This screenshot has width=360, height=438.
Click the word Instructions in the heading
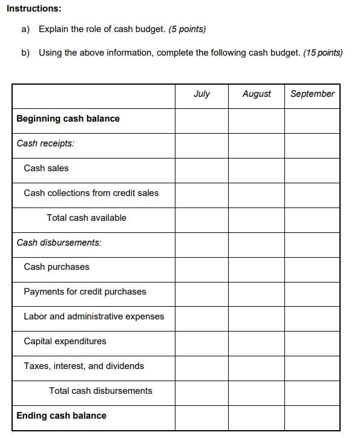point(34,8)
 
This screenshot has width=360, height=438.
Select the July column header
point(201,94)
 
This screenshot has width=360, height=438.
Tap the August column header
point(257,94)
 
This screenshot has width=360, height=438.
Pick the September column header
point(312,94)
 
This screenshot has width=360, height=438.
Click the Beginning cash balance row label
point(68,119)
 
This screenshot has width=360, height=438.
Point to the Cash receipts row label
point(45,143)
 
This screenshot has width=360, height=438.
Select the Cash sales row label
point(46,168)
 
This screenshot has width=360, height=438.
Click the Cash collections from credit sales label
point(91,193)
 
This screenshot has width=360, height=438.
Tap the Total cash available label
point(87,218)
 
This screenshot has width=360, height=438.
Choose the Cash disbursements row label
point(59,243)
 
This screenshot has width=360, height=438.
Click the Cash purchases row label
point(56,267)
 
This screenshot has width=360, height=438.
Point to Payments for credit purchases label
point(85,292)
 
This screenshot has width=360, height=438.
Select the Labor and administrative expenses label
point(94,316)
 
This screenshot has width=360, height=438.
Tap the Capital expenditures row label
point(65,341)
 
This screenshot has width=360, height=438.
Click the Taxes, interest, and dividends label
point(83,366)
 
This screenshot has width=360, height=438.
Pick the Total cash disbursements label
point(100,391)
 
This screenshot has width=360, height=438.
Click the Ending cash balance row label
point(61,416)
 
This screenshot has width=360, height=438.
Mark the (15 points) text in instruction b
point(322,53)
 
